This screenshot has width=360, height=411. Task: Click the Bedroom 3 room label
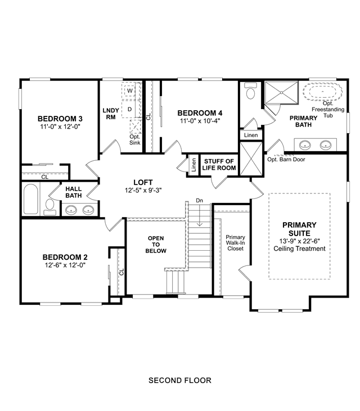click(x=60, y=119)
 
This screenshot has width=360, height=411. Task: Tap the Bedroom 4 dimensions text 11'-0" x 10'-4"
click(x=200, y=121)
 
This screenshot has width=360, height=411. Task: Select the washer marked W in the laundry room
click(x=130, y=91)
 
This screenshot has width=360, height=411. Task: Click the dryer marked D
click(x=129, y=109)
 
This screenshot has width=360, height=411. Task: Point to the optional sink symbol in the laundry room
click(x=136, y=126)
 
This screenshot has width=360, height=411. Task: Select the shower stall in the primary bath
click(x=281, y=93)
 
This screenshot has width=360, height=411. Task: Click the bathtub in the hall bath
click(x=31, y=199)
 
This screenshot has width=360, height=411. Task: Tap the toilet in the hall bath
click(x=50, y=207)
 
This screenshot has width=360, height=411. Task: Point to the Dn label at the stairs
click(x=200, y=201)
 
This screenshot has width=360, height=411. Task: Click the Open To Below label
click(x=156, y=245)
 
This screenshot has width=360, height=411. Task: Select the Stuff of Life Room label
click(x=219, y=165)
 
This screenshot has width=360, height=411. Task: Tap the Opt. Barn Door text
click(x=286, y=159)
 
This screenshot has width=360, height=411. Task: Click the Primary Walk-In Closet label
click(x=236, y=243)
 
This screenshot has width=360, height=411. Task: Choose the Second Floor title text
click(x=180, y=380)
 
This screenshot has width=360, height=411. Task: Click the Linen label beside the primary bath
click(x=251, y=136)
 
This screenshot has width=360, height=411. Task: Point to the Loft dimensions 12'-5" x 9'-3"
click(x=143, y=190)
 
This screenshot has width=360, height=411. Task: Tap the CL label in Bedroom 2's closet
click(x=121, y=272)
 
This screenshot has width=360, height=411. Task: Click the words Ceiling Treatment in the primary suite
click(x=299, y=249)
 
